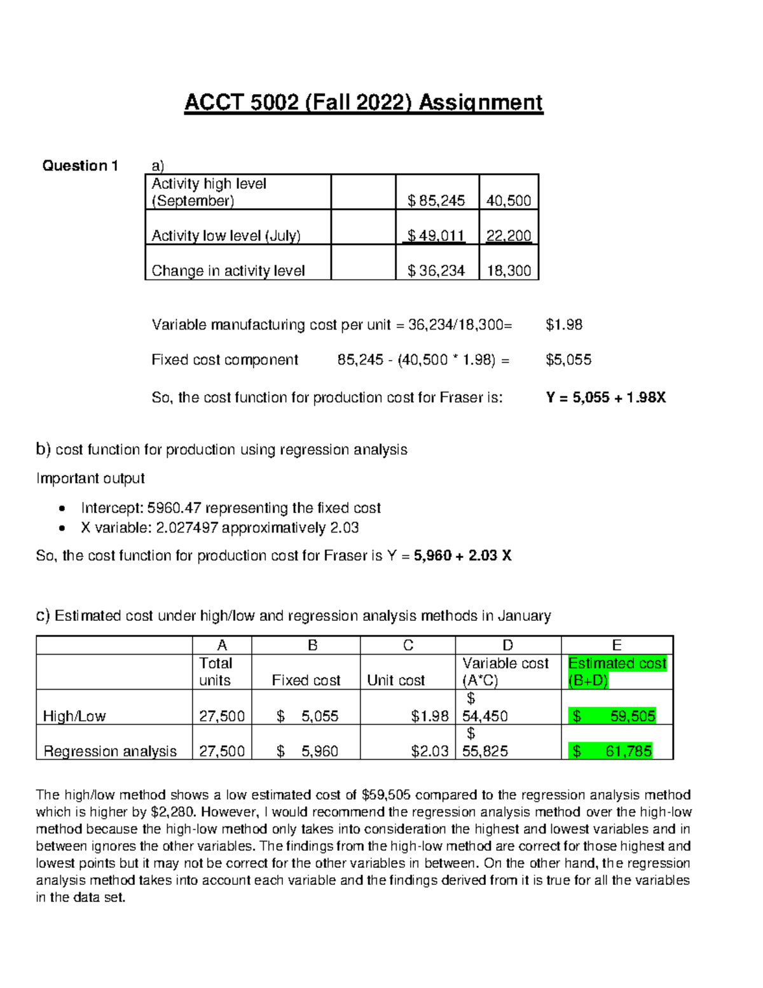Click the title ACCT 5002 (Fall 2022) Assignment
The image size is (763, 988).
[364, 103]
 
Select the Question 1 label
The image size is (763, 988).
[80, 166]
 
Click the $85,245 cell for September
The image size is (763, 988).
[437, 201]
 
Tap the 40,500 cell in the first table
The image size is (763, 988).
[509, 201]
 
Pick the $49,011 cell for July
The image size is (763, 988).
[437, 236]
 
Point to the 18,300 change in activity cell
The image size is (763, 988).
[509, 271]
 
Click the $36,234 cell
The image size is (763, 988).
[437, 271]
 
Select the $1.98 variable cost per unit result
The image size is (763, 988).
[564, 325]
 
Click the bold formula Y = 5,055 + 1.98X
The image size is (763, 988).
[606, 398]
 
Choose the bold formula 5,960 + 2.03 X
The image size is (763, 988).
[462, 556]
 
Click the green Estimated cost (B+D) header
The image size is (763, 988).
[617, 672]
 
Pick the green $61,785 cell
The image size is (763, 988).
[613, 751]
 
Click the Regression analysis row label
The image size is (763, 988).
[110, 751]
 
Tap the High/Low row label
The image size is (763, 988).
[74, 716]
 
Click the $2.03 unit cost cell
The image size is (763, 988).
[430, 751]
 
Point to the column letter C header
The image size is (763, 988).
[408, 646]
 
